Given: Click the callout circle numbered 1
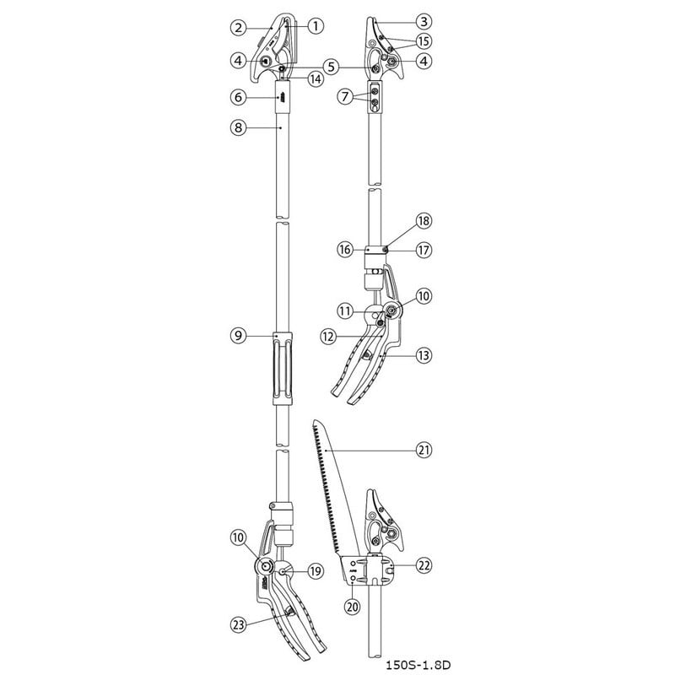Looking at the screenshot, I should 316,26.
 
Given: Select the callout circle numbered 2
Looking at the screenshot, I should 239,27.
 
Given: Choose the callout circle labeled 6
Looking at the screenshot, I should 239,97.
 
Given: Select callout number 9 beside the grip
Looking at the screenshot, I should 239,336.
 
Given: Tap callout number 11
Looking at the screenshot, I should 345,311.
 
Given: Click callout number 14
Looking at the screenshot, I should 316,78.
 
